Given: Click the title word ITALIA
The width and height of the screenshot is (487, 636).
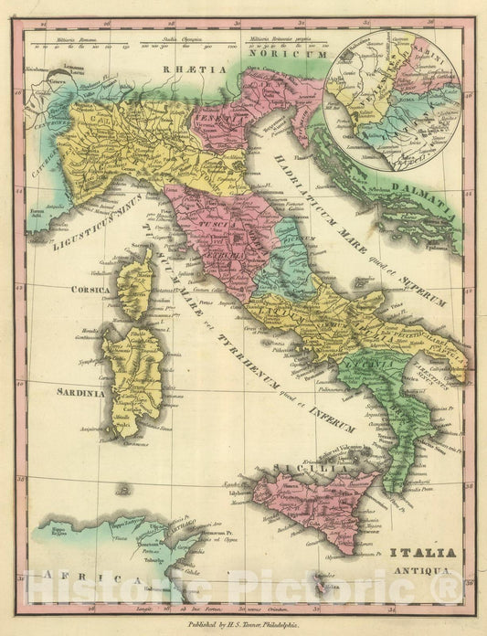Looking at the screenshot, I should coord(421,554).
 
